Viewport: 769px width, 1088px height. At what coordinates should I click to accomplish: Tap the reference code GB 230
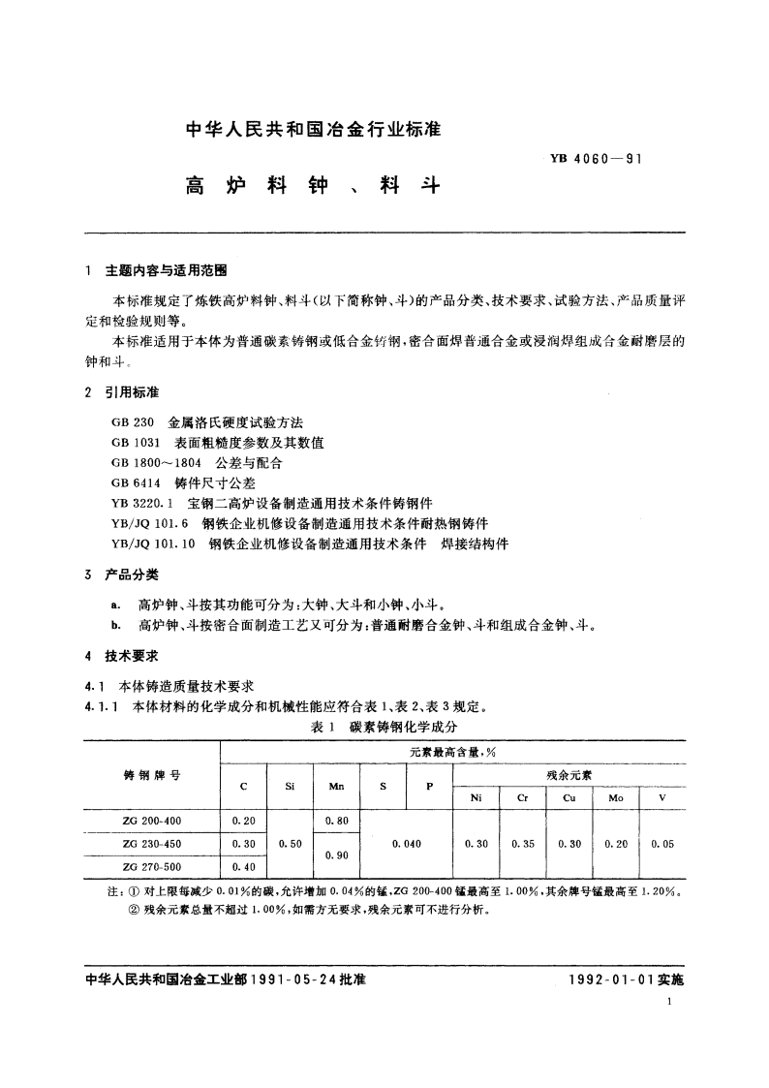coord(131,423)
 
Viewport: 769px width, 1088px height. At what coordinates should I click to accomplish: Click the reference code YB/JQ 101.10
coord(153,544)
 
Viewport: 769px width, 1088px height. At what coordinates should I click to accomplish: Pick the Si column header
coord(291,786)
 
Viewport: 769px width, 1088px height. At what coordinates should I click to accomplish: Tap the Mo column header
coord(616,798)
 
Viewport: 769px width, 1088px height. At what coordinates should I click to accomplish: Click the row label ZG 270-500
coord(152,866)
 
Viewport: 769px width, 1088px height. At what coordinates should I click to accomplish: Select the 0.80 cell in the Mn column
coord(336,821)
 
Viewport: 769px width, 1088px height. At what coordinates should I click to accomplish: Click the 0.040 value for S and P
coord(407,844)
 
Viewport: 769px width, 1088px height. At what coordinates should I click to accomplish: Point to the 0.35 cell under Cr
coord(523,844)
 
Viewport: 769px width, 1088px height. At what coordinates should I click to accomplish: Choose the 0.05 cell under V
coord(662,844)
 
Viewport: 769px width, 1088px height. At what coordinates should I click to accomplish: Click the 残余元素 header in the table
coord(569,775)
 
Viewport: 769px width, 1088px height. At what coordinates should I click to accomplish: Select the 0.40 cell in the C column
coord(244,866)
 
